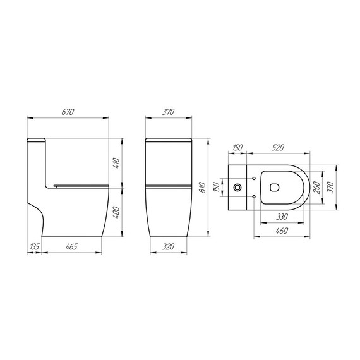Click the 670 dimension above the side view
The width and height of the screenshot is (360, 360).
click(68, 112)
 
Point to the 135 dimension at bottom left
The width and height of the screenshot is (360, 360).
click(34, 246)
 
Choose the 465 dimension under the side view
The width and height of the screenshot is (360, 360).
click(71, 246)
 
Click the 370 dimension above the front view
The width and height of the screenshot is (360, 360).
click(167, 112)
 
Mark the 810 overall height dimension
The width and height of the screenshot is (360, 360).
click(202, 188)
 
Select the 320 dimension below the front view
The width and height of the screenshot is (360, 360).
click(167, 246)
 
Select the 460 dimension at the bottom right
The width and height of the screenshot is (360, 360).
click(282, 232)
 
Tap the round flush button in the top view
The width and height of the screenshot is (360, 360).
click(237, 188)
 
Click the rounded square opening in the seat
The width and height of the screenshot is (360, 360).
click(275, 188)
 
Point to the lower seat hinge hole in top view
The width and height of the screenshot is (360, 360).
click(254, 197)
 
